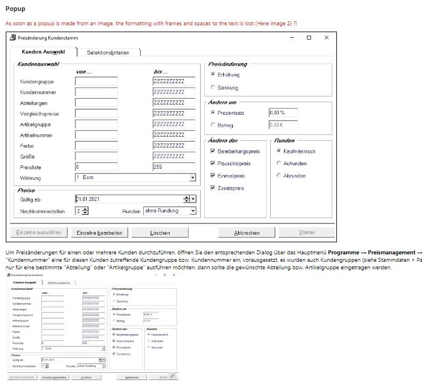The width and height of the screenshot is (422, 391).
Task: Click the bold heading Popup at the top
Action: point(15,9)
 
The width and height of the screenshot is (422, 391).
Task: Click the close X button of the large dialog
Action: point(327,38)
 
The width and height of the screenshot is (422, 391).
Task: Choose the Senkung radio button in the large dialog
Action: point(213,88)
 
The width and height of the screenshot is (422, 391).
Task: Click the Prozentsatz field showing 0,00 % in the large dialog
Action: point(283,113)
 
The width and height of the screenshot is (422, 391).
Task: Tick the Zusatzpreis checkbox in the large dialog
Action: point(213,188)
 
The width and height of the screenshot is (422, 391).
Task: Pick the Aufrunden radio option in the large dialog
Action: point(279,164)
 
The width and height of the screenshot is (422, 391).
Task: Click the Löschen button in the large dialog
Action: point(160,233)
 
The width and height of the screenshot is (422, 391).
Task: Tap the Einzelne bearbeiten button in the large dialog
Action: point(99,233)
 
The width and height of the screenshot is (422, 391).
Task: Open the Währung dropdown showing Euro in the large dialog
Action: point(193,178)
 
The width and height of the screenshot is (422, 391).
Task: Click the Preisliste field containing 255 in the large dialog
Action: point(174,167)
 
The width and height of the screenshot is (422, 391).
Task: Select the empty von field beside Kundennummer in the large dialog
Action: point(96,92)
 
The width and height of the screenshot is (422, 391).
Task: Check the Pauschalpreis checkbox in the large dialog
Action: point(213,164)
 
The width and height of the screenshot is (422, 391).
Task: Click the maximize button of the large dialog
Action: point(309,38)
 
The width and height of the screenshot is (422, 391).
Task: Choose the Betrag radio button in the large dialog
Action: point(213,125)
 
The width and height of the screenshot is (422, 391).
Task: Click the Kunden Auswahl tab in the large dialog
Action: point(43,52)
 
